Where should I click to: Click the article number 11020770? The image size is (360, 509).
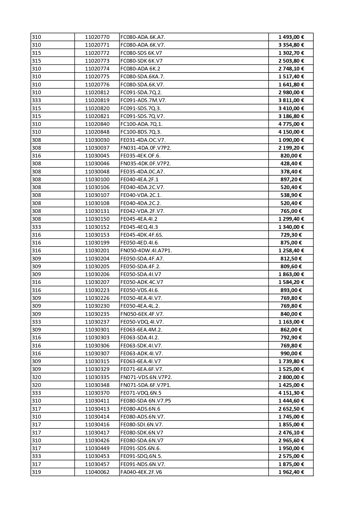point(97,37)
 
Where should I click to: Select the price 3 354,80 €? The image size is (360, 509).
point(291,45)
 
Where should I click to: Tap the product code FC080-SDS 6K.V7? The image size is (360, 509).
point(141,53)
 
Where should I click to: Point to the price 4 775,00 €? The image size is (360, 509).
point(291,124)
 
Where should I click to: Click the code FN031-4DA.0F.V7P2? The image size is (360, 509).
point(146,148)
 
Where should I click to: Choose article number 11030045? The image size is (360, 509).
point(97,156)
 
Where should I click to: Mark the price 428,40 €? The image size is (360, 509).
point(291,164)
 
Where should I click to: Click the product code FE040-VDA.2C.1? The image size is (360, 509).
point(141,195)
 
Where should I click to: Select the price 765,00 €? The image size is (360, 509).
point(291,211)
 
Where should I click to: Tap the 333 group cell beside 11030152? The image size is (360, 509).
point(37,227)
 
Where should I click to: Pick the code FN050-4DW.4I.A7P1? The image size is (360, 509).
point(146,251)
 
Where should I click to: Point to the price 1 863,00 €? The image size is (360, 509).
point(291,274)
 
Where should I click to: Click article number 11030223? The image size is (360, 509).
point(97,290)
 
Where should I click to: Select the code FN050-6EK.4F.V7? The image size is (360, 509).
point(142,314)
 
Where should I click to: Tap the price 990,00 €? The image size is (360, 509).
point(291,354)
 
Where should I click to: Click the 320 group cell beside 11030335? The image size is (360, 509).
point(37,377)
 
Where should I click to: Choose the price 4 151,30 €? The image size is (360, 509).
point(291,393)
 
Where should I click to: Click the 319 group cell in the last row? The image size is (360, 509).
point(37,472)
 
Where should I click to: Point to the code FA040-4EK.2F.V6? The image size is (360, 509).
point(141,472)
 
